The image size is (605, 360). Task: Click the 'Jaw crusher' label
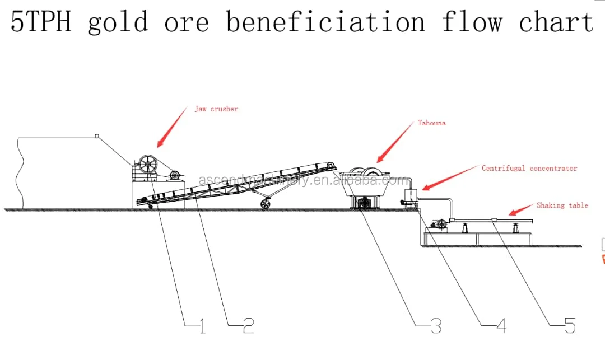pyautogui.click(x=216, y=109)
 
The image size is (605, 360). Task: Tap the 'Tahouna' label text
pyautogui.click(x=432, y=123)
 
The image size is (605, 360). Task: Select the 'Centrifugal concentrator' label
pyautogui.click(x=529, y=168)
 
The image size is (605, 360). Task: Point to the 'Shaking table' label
pyautogui.click(x=562, y=205)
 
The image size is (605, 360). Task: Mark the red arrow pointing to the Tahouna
pyautogui.click(x=395, y=143)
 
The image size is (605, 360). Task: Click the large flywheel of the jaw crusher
pyautogui.click(x=149, y=166)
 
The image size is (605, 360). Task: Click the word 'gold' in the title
pyautogui.click(x=118, y=22)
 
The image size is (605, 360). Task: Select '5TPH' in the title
pyautogui.click(x=40, y=22)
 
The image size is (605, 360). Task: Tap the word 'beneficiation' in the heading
pyautogui.click(x=325, y=22)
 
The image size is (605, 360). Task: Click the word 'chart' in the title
pyautogui.click(x=556, y=22)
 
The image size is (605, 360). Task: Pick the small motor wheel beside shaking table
pyautogui.click(x=441, y=225)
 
